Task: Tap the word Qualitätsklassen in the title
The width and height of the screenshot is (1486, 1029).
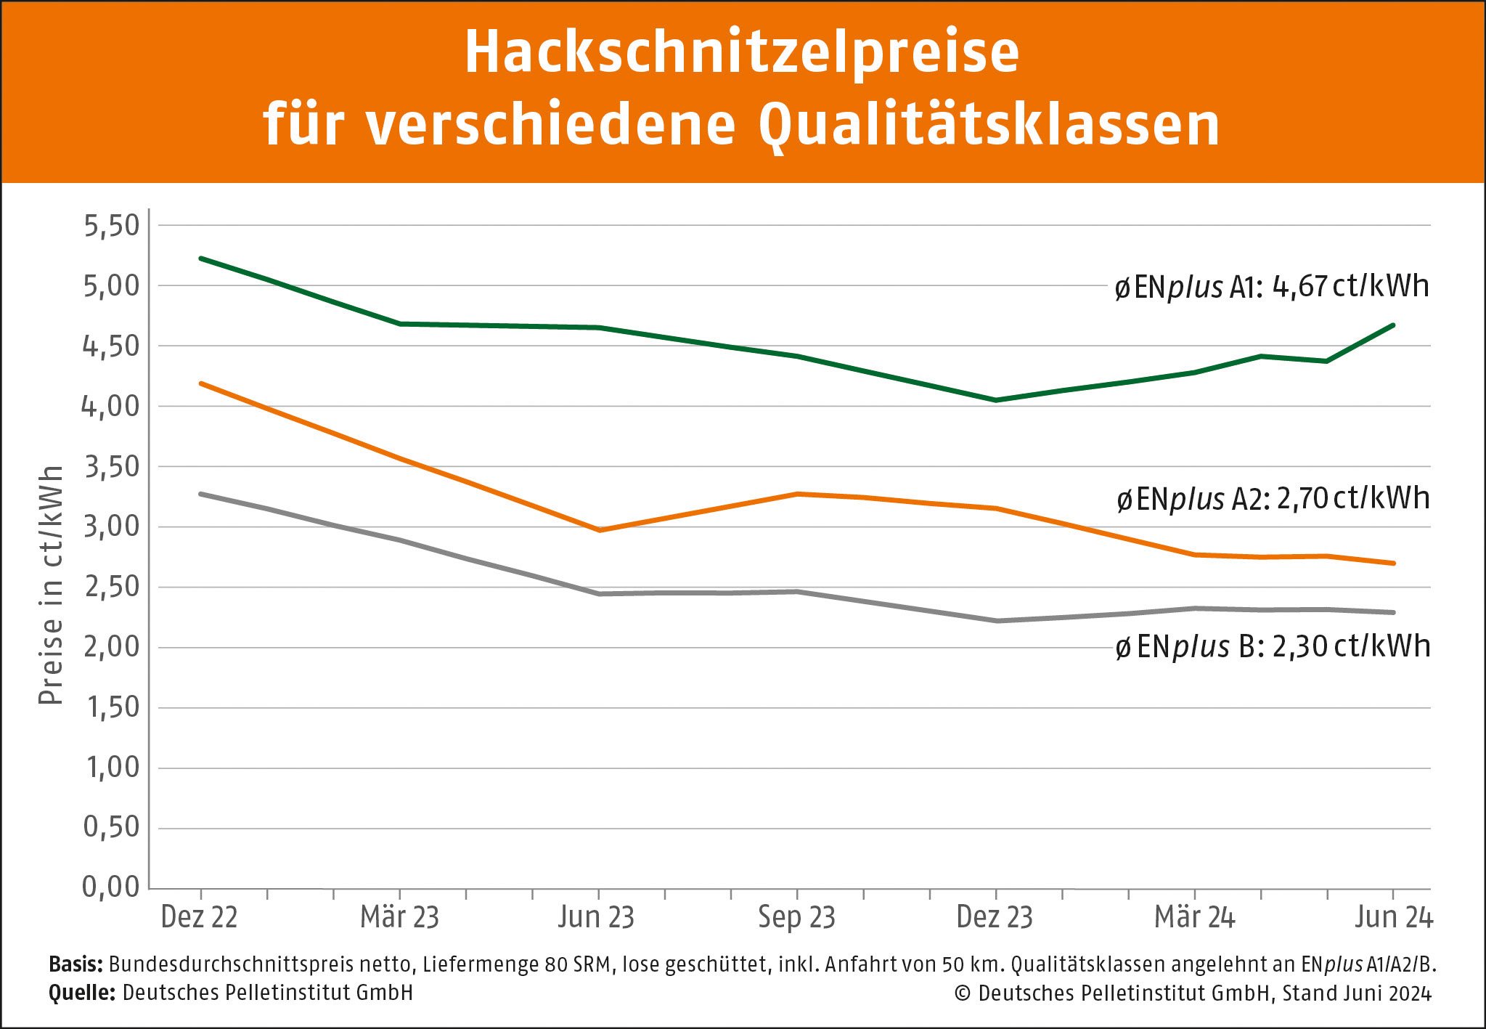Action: coord(989,125)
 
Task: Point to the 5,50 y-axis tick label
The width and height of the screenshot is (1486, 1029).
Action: coord(111,226)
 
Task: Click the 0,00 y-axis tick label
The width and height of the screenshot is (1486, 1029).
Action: coord(110,887)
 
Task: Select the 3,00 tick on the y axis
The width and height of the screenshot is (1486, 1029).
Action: coord(111,526)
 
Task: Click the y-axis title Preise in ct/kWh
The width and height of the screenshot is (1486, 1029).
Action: coord(51,585)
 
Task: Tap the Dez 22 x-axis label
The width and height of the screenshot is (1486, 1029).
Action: coord(199,917)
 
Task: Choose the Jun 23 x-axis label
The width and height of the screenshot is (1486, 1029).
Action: coord(596,917)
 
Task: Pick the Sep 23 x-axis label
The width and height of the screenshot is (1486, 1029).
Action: coord(796,917)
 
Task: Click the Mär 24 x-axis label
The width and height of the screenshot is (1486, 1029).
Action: coord(1194,917)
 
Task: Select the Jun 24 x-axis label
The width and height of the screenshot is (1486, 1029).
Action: coord(1393,917)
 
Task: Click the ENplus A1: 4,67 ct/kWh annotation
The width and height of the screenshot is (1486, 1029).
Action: coord(1272,287)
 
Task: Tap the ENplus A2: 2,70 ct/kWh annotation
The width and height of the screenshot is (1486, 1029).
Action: coord(1273,499)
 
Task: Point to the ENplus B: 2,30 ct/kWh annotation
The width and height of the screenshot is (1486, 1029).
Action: coord(1272,646)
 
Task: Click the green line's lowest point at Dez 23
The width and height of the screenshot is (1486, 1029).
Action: coord(996,400)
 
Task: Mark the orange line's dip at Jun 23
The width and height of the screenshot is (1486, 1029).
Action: coord(599,530)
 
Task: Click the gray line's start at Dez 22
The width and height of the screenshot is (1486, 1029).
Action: coord(201,494)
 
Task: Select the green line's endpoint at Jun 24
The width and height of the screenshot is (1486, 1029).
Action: coord(1393,325)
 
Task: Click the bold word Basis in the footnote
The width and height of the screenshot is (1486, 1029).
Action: coord(75,964)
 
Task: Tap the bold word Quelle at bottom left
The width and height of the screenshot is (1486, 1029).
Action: coord(82,993)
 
